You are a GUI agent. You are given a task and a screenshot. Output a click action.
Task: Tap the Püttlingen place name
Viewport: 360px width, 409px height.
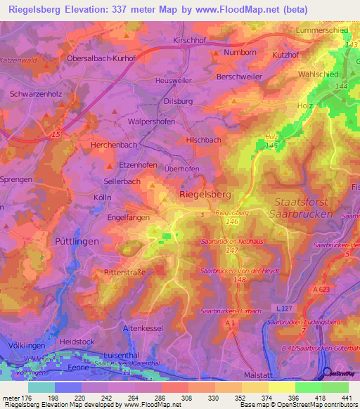(x=77, y=240)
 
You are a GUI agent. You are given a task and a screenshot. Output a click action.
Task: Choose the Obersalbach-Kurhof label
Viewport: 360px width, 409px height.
(x=101, y=58)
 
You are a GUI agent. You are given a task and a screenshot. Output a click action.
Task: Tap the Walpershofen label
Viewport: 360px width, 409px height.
(x=151, y=121)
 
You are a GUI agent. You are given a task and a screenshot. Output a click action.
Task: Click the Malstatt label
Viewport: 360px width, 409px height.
(x=257, y=376)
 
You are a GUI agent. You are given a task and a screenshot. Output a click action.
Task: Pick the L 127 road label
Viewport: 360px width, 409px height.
(x=285, y=309)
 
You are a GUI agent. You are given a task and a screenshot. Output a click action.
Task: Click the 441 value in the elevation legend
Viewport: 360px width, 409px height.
(x=347, y=398)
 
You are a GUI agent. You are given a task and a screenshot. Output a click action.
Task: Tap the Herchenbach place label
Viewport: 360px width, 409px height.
(x=113, y=144)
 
